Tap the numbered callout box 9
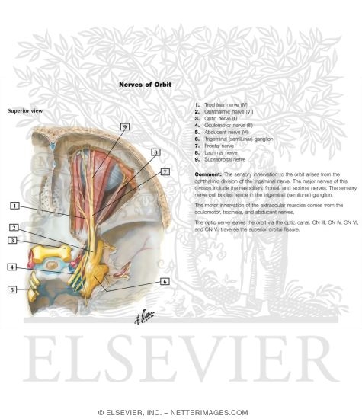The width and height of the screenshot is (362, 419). click(124, 126)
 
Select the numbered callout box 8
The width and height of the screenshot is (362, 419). click(155, 152)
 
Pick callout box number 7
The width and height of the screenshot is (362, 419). click(165, 172)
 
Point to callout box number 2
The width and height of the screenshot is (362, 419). click(14, 227)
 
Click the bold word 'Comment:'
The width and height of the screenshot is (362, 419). click(209, 174)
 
